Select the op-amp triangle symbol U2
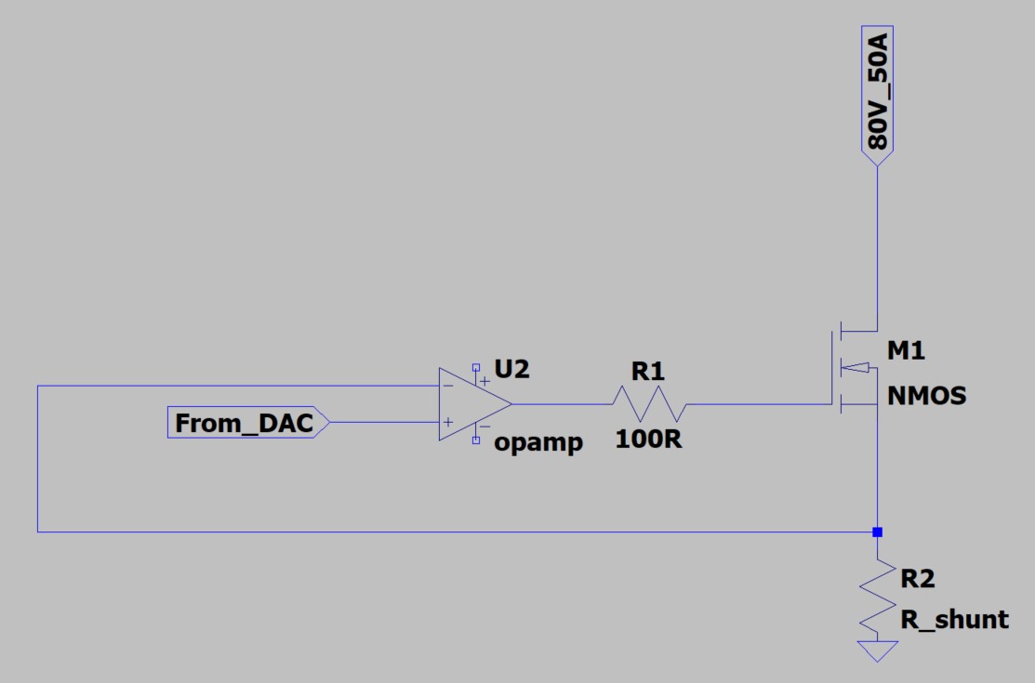[472, 404]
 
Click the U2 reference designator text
[511, 369]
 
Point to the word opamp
[538, 442]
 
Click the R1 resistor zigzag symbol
[649, 404]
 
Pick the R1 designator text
[648, 372]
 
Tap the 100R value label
[648, 440]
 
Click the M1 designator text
[906, 351]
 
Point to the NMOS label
[926, 396]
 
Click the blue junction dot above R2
[877, 532]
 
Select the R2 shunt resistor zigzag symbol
[877, 599]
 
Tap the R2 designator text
[917, 579]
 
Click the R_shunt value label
[954, 620]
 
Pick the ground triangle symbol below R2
[877, 650]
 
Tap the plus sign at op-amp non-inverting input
[447, 423]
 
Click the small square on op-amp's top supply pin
[476, 367]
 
